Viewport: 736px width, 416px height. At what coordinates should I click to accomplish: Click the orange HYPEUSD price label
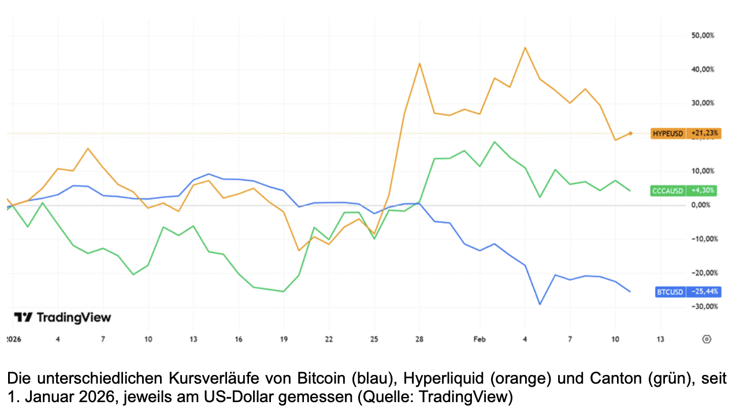(x=685, y=133)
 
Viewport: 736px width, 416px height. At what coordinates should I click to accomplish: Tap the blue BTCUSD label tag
(x=687, y=292)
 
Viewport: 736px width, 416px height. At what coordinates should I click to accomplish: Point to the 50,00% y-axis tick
(x=703, y=35)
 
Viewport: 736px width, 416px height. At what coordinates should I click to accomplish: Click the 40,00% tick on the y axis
(x=703, y=69)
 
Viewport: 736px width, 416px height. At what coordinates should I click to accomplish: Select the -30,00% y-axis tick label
(x=703, y=307)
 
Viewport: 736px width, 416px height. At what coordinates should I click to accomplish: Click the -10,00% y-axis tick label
(x=703, y=239)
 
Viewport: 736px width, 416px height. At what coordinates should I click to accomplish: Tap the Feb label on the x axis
(x=479, y=339)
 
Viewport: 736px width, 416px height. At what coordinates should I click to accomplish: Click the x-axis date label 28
(x=419, y=339)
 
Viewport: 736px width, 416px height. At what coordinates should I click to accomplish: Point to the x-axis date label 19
(x=284, y=339)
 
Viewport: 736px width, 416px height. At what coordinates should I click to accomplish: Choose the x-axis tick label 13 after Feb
(x=660, y=339)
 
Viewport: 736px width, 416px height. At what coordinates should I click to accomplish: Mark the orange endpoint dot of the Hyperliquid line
(x=630, y=133)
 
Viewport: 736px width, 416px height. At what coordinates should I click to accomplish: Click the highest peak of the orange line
(x=525, y=47)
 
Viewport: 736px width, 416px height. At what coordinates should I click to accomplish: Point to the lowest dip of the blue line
(x=540, y=304)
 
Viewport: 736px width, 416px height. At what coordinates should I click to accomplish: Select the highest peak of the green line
(x=495, y=142)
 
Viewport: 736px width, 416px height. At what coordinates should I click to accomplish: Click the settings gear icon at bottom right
(x=706, y=339)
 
